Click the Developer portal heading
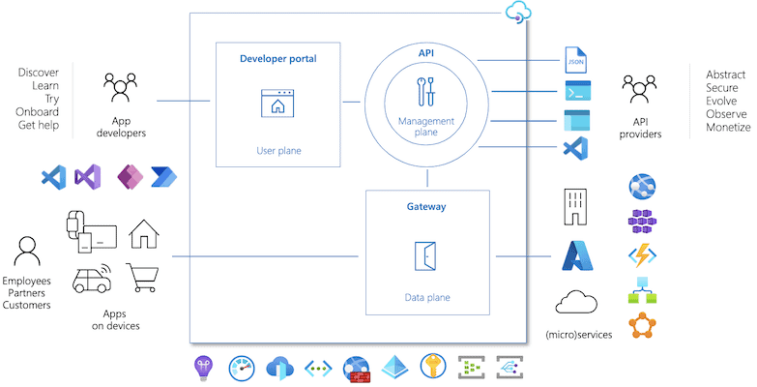click(277, 59)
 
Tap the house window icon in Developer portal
click(277, 103)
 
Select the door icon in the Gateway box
click(427, 254)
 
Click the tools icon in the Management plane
click(425, 91)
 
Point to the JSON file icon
click(575, 61)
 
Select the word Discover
click(40, 74)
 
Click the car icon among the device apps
click(91, 279)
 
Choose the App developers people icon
click(121, 89)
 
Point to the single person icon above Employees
click(26, 252)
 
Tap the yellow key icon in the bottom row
click(431, 367)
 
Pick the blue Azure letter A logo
click(576, 255)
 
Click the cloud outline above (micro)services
click(576, 303)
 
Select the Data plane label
click(426, 297)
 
